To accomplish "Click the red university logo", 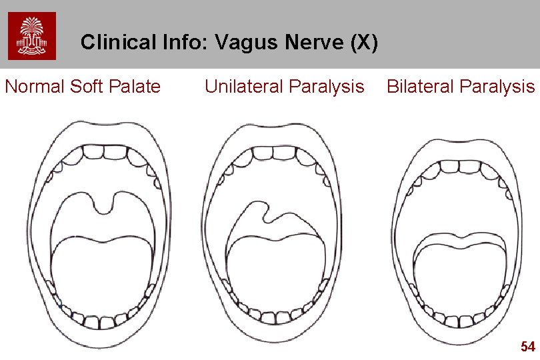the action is tap(31, 36).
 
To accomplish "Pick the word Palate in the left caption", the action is tap(137, 87).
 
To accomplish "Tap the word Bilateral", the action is tap(418, 87).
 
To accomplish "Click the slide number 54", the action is tap(527, 346).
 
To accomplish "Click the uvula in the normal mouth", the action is tap(103, 203).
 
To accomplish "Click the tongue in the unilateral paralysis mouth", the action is tap(273, 277).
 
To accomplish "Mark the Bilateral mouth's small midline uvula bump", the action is tap(462, 235).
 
